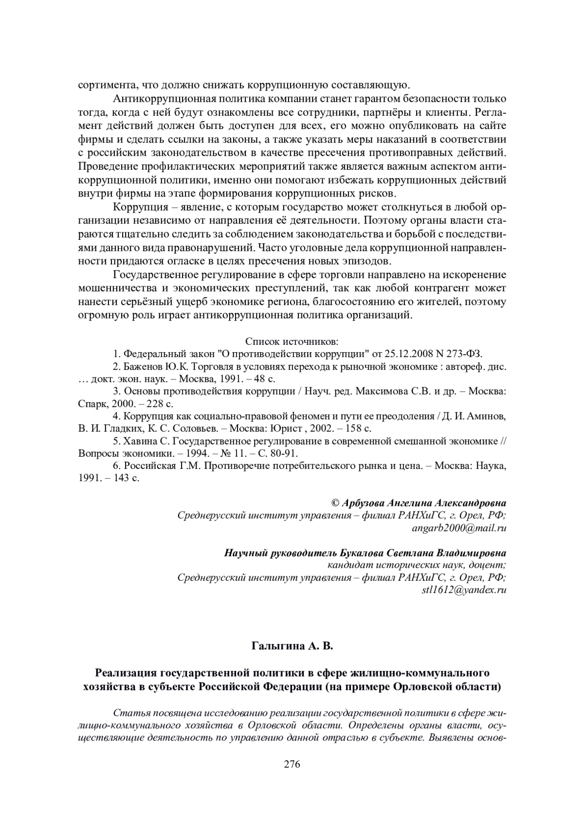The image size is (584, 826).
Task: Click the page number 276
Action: coord(292,764)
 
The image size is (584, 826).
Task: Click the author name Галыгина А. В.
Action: coord(292,646)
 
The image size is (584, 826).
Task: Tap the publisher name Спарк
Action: coord(91,404)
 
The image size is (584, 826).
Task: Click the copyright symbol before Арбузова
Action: coord(335,503)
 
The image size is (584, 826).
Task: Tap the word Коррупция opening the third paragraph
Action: coord(136,208)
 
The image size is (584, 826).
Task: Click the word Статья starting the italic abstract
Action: coord(128,714)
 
